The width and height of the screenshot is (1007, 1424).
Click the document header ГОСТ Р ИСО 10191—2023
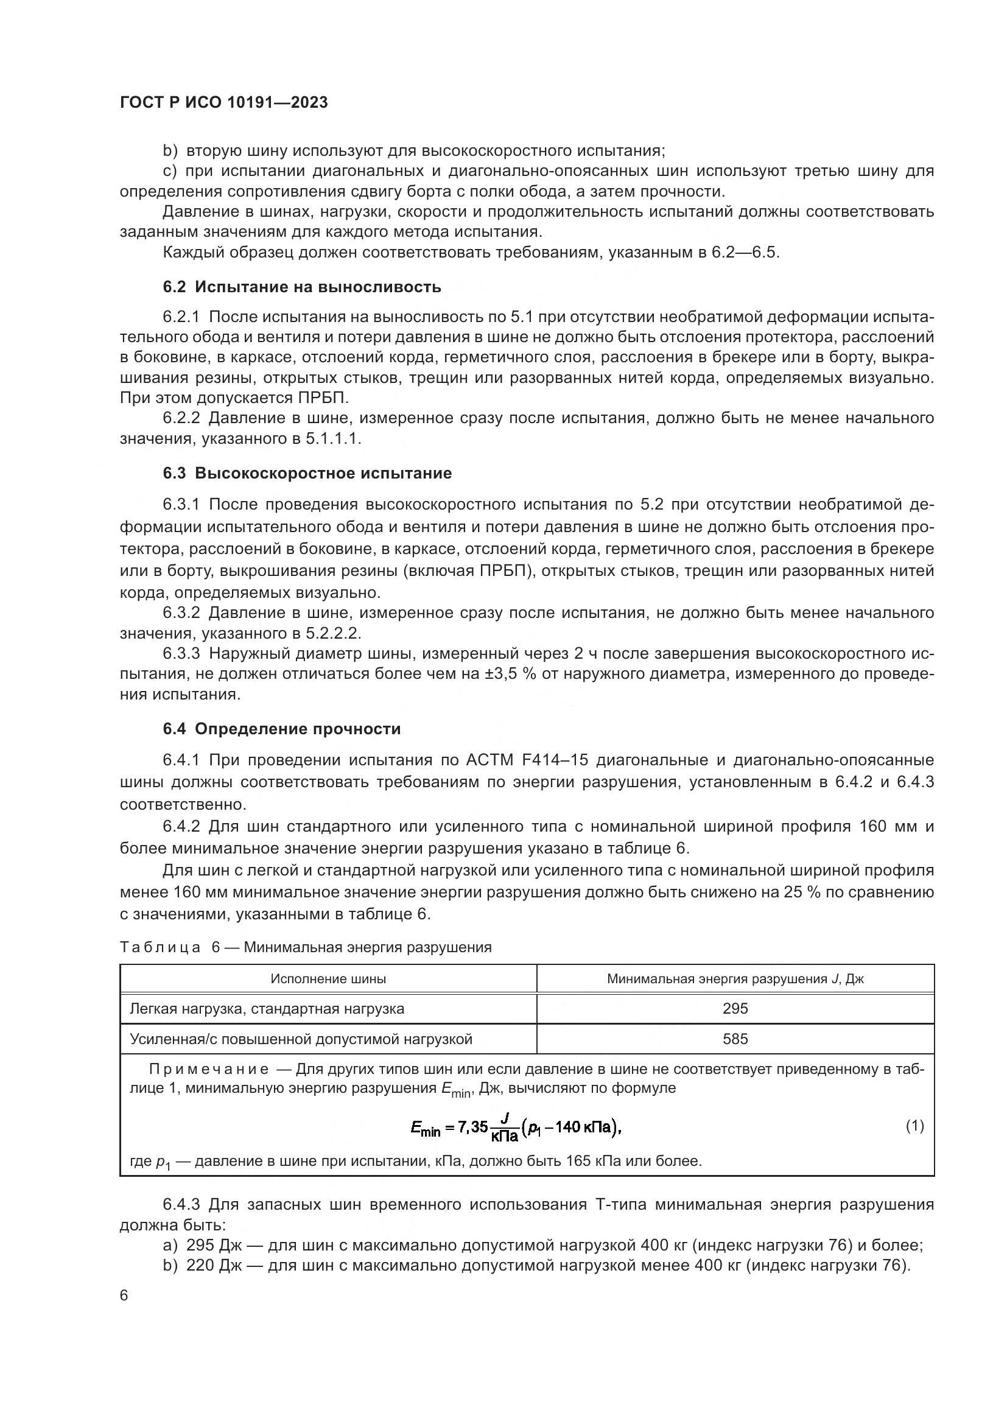(223, 102)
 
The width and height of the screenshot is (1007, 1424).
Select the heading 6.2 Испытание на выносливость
(302, 287)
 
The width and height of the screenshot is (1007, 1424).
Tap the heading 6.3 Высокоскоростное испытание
(307, 473)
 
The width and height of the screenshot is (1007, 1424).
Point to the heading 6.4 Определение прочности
(281, 729)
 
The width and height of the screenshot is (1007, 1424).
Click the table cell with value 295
(735, 1008)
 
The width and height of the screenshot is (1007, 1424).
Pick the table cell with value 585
(735, 1039)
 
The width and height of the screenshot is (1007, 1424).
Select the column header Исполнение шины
(328, 979)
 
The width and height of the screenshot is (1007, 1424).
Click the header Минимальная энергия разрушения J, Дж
(735, 979)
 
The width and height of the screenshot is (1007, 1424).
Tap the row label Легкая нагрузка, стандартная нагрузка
(267, 1008)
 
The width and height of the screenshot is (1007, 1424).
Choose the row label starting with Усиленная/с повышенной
(301, 1039)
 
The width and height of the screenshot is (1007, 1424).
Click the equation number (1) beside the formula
(914, 1126)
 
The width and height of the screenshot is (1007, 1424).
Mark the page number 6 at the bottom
(124, 1296)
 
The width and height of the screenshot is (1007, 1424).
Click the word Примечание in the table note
(208, 1069)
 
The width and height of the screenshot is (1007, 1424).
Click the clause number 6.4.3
(181, 1204)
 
